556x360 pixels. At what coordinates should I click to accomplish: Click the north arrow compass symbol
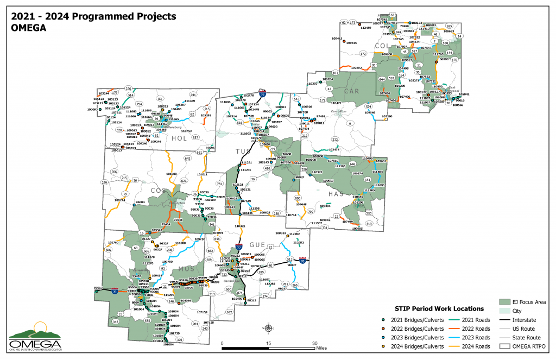(x=268, y=327)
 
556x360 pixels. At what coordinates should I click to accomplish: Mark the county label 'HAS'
(x=334, y=194)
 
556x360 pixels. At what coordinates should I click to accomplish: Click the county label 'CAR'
(x=352, y=91)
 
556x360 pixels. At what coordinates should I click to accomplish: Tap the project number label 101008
(x=171, y=174)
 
